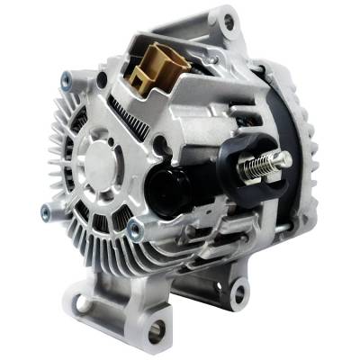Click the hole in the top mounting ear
226,17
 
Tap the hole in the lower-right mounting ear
238,292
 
